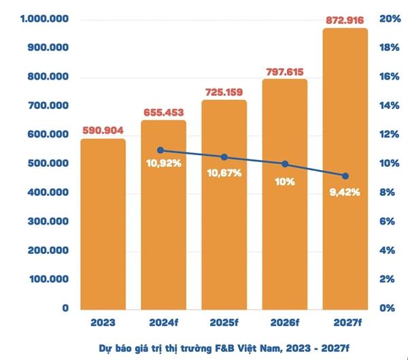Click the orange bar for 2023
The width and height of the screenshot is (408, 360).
(103, 225)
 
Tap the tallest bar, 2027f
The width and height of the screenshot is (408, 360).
(345, 170)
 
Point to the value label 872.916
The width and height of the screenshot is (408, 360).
(345, 20)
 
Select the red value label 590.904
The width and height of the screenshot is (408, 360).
(103, 131)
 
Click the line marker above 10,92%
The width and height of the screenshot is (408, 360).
(160, 150)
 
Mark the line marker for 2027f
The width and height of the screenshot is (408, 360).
(345, 176)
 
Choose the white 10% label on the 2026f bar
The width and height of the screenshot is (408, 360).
(284, 181)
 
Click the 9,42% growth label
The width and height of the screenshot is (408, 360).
(344, 192)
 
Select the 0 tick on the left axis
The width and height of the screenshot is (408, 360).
(65, 308)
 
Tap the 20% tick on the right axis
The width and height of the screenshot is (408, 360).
(388, 18)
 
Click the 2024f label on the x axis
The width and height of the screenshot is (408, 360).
(163, 322)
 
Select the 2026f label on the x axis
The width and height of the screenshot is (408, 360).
(284, 322)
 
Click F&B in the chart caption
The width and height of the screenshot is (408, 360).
(221, 347)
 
